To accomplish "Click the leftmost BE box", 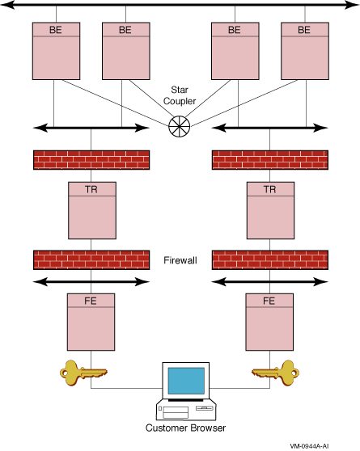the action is point(56,51).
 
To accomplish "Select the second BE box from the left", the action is point(126,51).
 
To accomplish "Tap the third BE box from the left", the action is point(235,51).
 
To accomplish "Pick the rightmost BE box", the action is point(305,51).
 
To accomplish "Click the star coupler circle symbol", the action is point(179,126).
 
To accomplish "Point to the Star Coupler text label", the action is point(180,95).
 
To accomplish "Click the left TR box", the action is point(92,210).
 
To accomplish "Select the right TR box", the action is point(270,210).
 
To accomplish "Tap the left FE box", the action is point(91,322).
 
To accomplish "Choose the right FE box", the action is point(269,322).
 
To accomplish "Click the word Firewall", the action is point(180,260).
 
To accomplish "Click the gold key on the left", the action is point(83,373).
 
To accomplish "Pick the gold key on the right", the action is point(276,373).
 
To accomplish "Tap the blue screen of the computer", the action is point(186,381).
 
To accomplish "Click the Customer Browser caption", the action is point(185,428).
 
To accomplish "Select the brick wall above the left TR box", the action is point(91,160).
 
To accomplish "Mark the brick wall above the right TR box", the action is point(270,160).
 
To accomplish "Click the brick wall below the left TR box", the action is point(91,260).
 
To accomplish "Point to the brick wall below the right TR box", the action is point(270,260).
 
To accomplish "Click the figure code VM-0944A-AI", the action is point(309,446).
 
